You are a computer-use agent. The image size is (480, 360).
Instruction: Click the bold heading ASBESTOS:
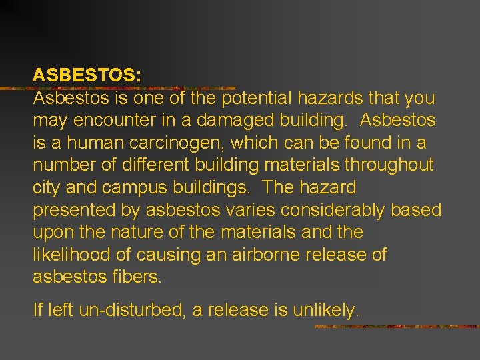87,75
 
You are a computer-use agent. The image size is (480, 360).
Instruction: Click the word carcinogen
218,143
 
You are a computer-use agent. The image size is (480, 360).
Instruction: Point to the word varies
245,211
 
